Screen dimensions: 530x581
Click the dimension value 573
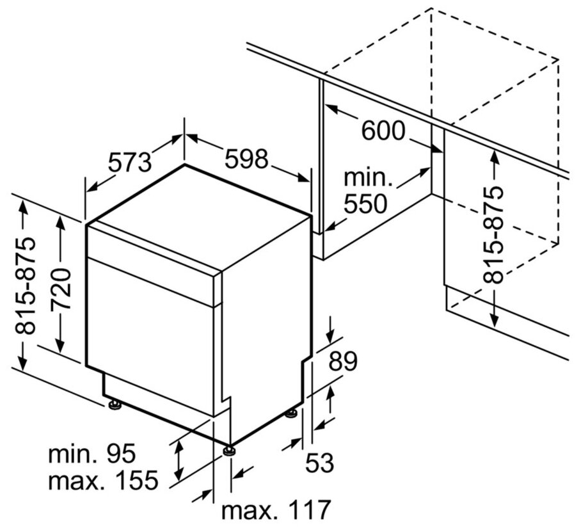[x=129, y=162]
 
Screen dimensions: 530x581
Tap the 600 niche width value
[x=383, y=131]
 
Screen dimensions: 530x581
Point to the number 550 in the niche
[x=365, y=204]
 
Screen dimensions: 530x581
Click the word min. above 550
[x=367, y=177]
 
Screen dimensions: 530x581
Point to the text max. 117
[x=276, y=510]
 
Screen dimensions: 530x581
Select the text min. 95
[x=92, y=454]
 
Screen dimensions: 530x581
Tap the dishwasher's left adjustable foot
[x=115, y=404]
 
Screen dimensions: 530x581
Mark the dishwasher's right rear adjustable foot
[x=292, y=413]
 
